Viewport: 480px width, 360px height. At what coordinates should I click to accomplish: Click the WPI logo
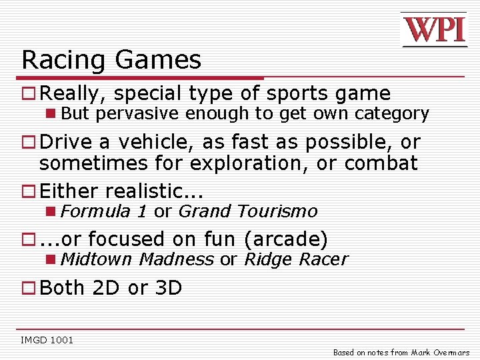click(x=433, y=30)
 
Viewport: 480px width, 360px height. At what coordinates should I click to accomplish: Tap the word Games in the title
click(x=158, y=60)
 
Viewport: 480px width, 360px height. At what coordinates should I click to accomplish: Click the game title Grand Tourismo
click(x=248, y=211)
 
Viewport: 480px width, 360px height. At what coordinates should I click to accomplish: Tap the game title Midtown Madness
click(x=137, y=259)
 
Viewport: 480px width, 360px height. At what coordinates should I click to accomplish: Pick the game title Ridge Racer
click(x=295, y=259)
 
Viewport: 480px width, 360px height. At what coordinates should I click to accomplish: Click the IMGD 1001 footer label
click(x=47, y=341)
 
